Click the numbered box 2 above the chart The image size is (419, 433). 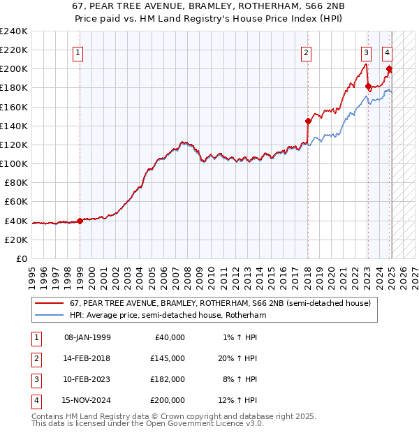pos(306,52)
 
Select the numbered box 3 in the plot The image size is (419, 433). pos(366,52)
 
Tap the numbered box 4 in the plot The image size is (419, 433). pos(387,52)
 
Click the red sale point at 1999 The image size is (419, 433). pos(80,221)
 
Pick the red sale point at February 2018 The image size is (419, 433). pos(308,121)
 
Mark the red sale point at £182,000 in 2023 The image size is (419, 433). pos(368,86)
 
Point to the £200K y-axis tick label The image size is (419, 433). pos(13,69)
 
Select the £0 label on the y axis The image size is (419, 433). pos(21,258)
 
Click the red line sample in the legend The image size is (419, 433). pos(49,303)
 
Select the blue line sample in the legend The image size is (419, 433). pos(49,315)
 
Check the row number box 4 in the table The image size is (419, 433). pos(36,400)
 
